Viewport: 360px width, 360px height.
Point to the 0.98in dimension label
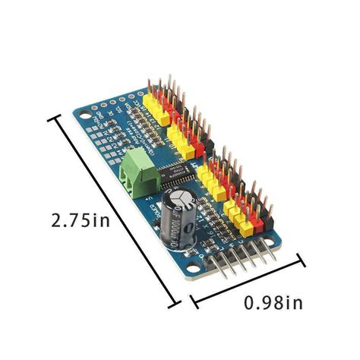[x=275, y=303]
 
